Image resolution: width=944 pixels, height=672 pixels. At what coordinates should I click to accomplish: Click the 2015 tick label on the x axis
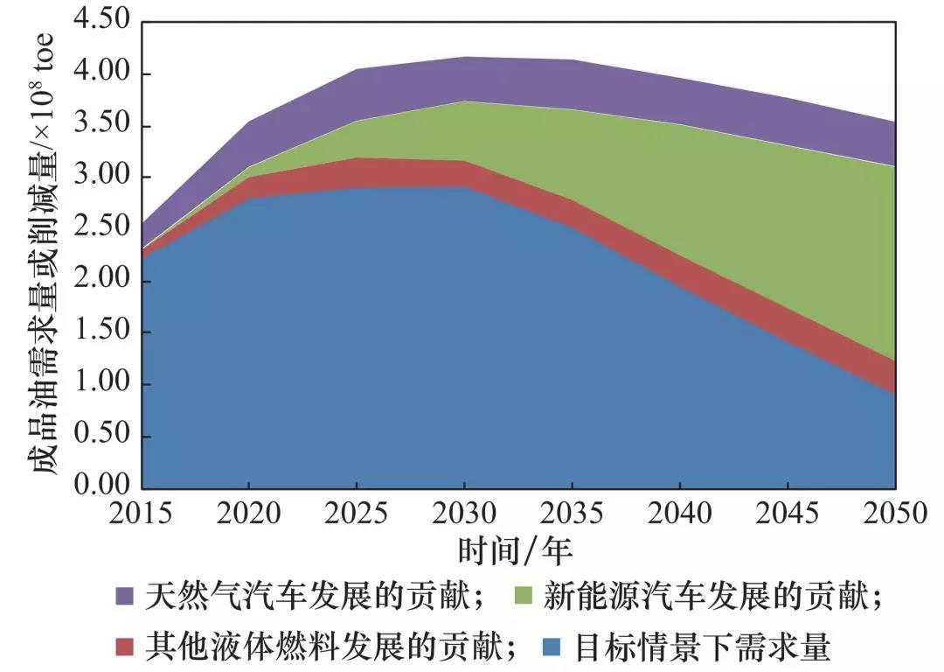142,513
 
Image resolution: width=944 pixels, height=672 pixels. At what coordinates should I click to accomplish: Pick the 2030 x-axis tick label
464,513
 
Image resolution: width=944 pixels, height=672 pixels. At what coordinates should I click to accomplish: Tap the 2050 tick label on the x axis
893,513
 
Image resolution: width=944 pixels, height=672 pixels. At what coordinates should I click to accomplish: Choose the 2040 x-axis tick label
679,513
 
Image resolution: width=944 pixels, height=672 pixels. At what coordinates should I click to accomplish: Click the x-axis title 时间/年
516,550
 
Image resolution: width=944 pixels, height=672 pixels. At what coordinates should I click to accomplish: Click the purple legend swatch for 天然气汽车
126,597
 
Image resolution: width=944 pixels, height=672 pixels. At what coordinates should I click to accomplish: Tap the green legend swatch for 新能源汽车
523,597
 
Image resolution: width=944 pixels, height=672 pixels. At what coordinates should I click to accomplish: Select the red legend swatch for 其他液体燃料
126,647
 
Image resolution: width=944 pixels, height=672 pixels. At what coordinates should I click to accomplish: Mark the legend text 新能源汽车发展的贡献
708,597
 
